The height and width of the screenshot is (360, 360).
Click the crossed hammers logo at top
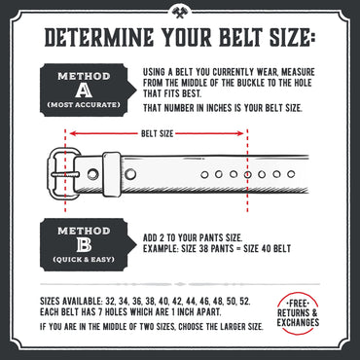[180, 13]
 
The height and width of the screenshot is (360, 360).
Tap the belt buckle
[66, 173]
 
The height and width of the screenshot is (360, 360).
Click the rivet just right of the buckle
[92, 173]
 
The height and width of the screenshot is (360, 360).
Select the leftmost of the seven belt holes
[205, 173]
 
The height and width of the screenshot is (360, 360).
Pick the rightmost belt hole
[292, 173]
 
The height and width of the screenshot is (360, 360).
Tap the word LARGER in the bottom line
[210, 326]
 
